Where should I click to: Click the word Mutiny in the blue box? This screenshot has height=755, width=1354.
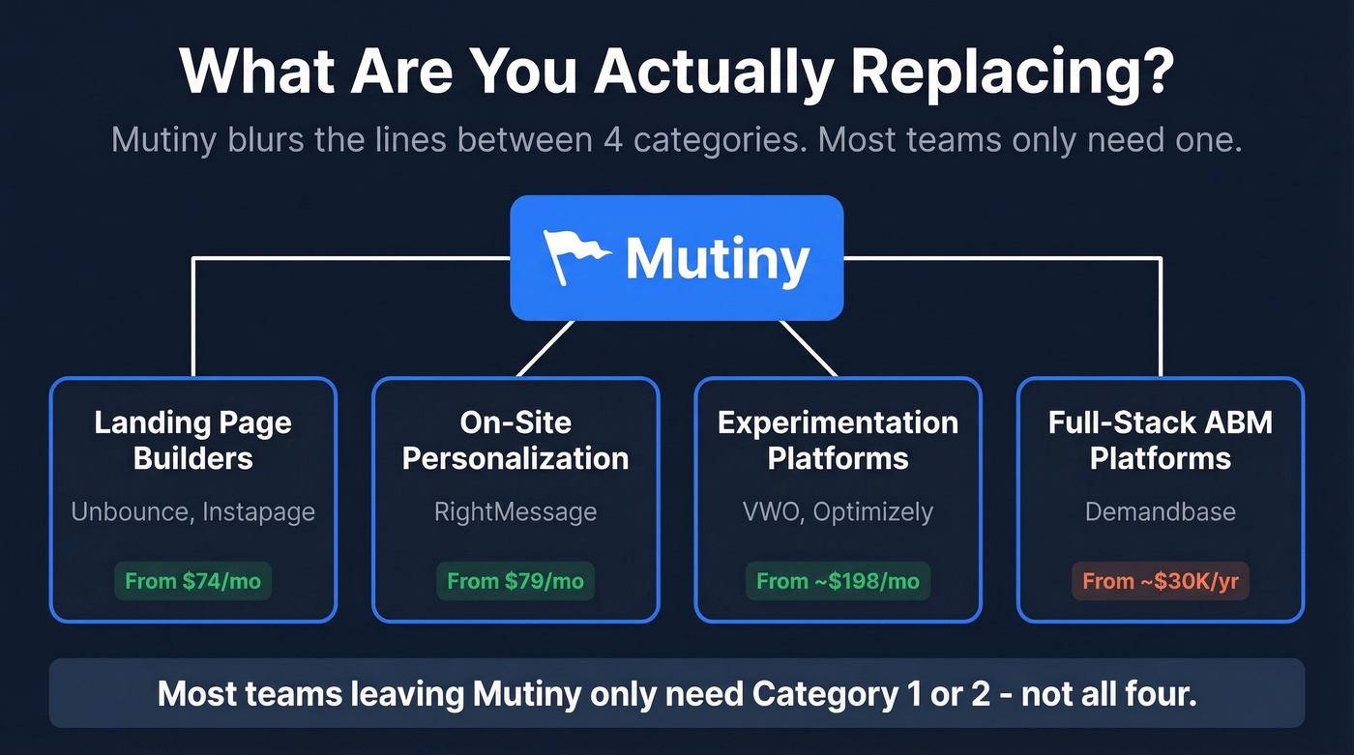pyautogui.click(x=717, y=259)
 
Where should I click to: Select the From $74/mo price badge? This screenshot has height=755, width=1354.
pyautogui.click(x=193, y=581)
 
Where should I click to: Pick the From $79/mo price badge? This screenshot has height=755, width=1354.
pyautogui.click(x=515, y=581)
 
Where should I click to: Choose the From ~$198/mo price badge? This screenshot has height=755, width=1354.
pyautogui.click(x=838, y=581)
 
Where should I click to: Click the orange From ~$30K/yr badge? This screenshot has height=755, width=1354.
pyautogui.click(x=1160, y=581)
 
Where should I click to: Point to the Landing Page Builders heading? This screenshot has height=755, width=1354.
pyautogui.click(x=193, y=440)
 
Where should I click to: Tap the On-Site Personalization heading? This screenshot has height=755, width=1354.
pyautogui.click(x=515, y=440)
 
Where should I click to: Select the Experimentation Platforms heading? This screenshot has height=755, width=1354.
pyautogui.click(x=838, y=440)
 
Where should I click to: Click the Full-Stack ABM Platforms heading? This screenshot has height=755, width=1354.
pyautogui.click(x=1160, y=440)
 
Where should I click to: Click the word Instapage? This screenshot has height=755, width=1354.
pyautogui.click(x=258, y=511)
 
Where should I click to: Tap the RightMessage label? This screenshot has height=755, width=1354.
pyautogui.click(x=515, y=511)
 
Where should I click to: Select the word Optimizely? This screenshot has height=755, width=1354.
pyautogui.click(x=873, y=511)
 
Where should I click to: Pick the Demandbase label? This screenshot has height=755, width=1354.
pyautogui.click(x=1160, y=511)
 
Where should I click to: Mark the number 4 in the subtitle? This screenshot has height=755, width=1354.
pyautogui.click(x=612, y=140)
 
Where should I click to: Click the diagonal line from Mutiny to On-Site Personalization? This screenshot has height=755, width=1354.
pyautogui.click(x=545, y=348)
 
